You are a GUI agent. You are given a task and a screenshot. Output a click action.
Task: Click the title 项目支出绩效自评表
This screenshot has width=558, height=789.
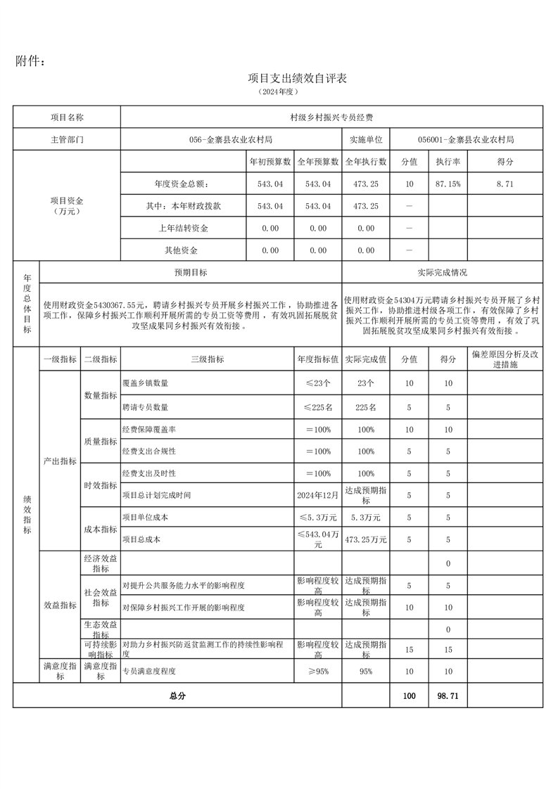coord(298,78)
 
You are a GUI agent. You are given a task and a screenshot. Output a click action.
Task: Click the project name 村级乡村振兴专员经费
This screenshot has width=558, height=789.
coord(331,117)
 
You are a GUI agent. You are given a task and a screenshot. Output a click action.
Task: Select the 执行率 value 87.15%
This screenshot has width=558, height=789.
coord(448,184)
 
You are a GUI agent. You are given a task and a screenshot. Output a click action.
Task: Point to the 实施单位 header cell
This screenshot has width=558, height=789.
coord(365,139)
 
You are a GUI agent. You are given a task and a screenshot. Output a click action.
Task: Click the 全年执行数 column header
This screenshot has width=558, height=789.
coord(366,162)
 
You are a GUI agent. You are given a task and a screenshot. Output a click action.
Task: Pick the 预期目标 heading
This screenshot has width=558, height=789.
coord(191,272)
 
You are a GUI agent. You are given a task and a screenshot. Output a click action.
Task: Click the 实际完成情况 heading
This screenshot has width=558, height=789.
coord(442,272)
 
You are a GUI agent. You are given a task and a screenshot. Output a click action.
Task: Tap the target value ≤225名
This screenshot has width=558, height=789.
coord(318,407)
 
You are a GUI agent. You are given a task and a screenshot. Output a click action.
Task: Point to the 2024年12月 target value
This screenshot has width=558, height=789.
coord(318,495)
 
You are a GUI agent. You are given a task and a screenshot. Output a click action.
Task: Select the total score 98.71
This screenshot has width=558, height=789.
coord(448,695)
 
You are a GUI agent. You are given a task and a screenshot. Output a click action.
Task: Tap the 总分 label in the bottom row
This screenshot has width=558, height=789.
coord(177,695)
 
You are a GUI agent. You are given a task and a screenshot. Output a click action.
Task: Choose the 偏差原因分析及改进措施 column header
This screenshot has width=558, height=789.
coord(505,359)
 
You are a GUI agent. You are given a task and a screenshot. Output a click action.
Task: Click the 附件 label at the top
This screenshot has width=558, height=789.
coord(31,61)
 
